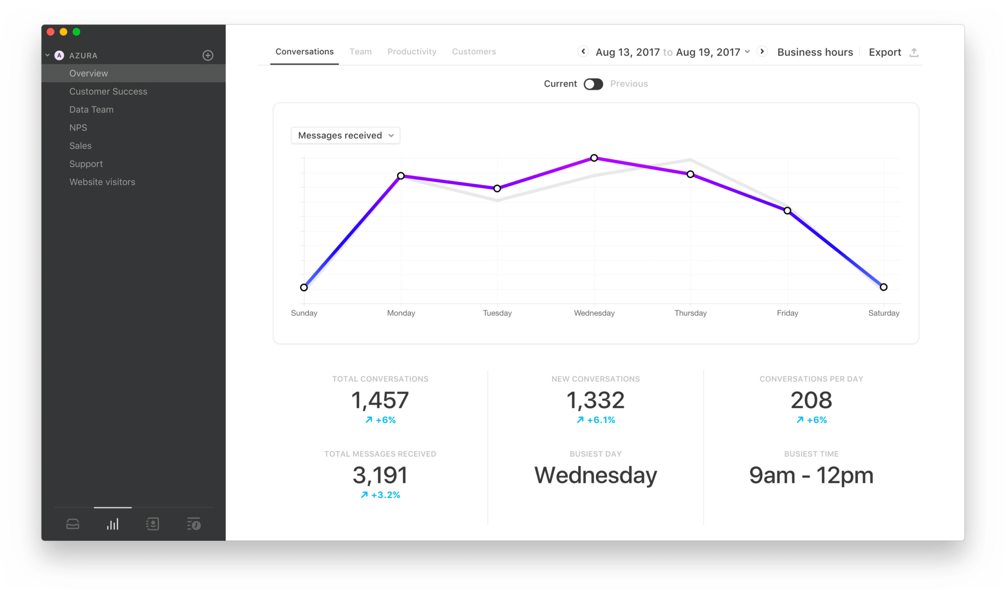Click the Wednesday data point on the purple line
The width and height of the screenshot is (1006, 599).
point(594,158)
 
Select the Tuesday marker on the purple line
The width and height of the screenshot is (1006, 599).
point(497,188)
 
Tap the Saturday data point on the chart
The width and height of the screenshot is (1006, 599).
point(883,287)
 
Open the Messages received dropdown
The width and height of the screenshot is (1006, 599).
point(345,136)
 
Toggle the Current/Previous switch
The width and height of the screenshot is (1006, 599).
point(593,84)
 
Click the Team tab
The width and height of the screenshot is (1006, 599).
point(360,52)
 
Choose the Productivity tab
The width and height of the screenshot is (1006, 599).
point(412,52)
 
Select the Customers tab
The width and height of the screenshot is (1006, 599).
point(474,52)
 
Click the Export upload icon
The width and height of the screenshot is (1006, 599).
point(914,52)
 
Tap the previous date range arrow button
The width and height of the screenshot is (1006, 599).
point(583,52)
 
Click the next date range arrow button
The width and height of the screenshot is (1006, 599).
point(762,52)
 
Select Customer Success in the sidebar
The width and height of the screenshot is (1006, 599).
point(108,92)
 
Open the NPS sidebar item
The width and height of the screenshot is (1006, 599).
point(78,127)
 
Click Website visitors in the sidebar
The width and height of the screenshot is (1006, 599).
point(102,182)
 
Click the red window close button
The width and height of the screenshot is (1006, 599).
point(51,32)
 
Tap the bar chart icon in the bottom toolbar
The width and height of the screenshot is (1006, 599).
point(112,524)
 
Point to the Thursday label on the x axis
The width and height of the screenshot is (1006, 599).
point(690,313)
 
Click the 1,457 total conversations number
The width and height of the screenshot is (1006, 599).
point(380,400)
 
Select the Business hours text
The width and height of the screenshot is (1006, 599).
point(815,52)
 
